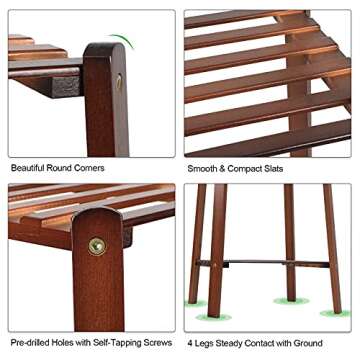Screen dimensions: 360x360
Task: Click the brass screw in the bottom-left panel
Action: [97, 247]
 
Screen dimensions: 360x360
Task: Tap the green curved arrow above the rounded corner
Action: [122, 40]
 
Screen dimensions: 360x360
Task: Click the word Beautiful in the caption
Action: [28, 168]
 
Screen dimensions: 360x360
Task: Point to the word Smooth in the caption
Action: [202, 169]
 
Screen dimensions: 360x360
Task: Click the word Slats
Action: [273, 169]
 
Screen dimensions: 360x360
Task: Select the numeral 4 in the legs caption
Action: [190, 343]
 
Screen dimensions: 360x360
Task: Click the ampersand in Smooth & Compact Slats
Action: [222, 169]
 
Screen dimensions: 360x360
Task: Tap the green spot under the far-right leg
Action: [335, 313]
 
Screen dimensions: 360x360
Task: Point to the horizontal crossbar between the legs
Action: [262, 264]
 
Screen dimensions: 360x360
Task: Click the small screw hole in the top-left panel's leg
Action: [119, 82]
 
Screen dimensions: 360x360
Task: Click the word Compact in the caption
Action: [244, 169]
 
